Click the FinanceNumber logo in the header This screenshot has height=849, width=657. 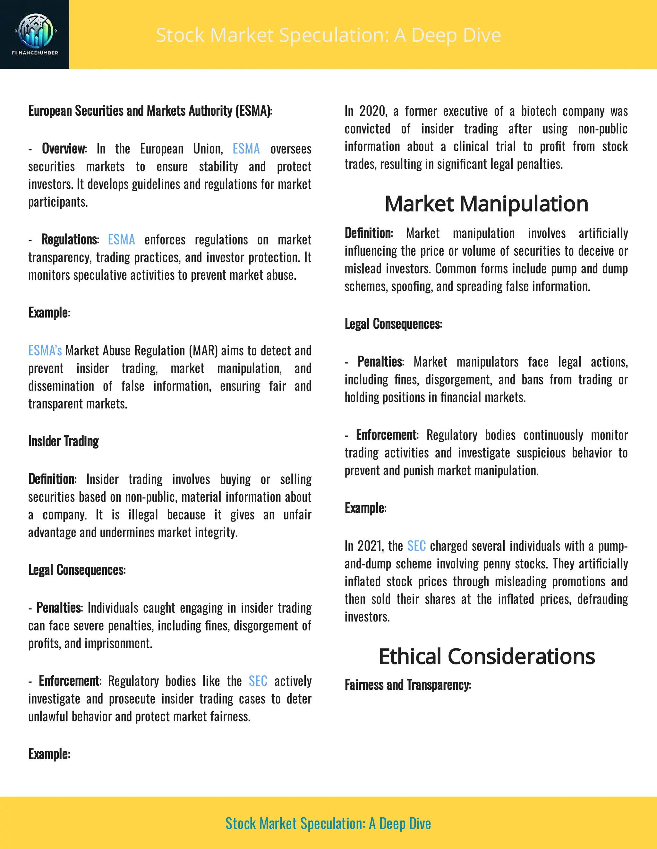point(35,34)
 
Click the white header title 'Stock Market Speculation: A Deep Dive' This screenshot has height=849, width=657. point(328,35)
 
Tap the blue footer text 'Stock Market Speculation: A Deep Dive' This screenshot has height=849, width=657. point(328,823)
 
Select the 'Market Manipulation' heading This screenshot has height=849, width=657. point(486,204)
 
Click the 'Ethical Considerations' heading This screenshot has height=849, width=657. point(487,656)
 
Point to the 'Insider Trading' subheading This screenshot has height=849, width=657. point(64,441)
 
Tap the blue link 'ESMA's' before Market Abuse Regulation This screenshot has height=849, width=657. point(45,350)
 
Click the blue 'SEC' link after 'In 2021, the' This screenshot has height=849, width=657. point(416,546)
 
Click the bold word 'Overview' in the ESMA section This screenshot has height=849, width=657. point(64,149)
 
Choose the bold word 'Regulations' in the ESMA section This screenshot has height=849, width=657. point(69,239)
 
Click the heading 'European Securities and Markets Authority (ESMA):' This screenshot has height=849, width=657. point(150,111)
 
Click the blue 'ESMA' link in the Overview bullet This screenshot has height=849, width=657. point(246,149)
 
